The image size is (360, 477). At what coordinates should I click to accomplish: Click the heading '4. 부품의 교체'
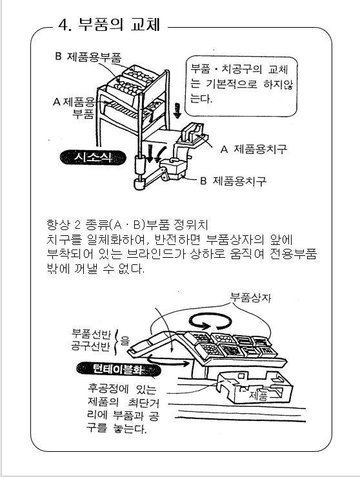109,25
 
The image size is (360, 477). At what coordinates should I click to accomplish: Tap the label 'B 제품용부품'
88,57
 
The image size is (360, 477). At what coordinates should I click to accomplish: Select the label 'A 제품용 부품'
74,108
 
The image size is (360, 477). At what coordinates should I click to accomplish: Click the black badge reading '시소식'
93,157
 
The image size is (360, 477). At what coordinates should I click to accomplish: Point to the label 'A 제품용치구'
254,149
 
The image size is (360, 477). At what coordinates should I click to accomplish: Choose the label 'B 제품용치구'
233,181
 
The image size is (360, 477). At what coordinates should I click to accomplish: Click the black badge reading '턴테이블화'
118,369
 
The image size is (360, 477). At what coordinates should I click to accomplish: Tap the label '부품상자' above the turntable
250,297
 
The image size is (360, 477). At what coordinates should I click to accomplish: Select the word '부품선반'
91,333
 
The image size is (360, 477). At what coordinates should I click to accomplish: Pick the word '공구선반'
90,346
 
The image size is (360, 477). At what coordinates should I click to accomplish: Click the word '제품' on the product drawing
259,395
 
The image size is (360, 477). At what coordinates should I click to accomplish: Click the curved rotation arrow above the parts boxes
210,321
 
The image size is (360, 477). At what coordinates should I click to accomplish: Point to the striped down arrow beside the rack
177,110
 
